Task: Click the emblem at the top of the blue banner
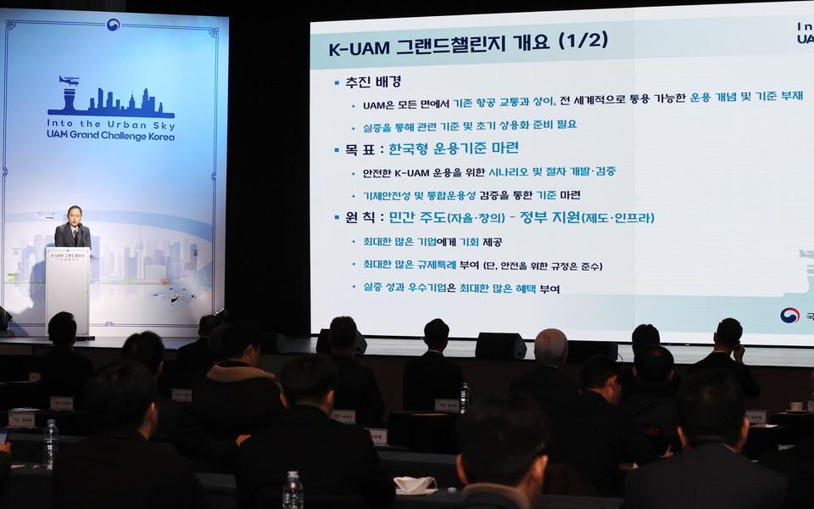click(113, 25)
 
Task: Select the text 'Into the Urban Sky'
click(110, 124)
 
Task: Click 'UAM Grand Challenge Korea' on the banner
click(110, 136)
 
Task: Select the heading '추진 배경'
click(373, 82)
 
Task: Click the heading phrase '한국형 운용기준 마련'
click(454, 149)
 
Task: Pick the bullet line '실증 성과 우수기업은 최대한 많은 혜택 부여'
click(455, 288)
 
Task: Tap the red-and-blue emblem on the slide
click(789, 315)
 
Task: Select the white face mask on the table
click(415, 484)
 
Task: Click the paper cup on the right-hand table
click(795, 406)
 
